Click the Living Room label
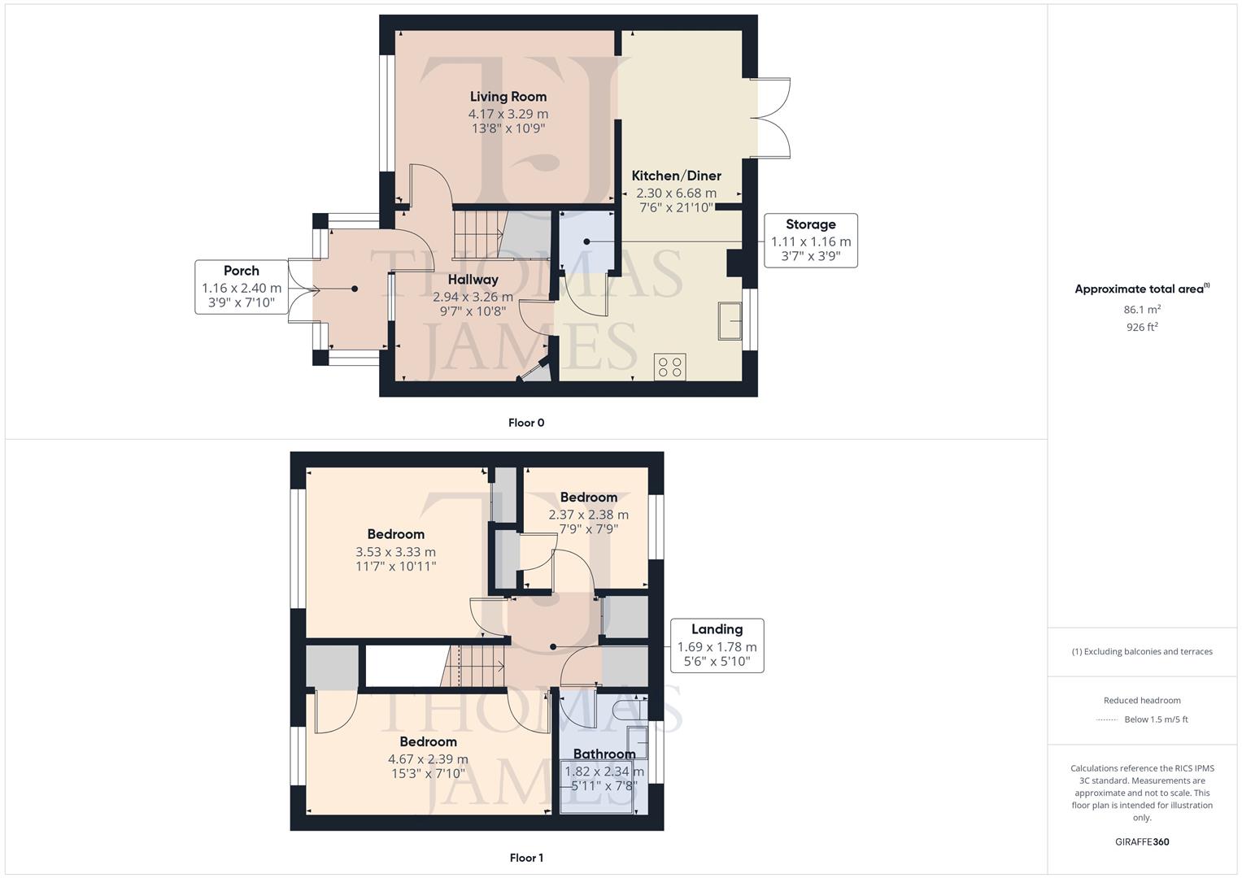pyautogui.click(x=508, y=97)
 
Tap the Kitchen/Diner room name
pyautogui.click(x=676, y=176)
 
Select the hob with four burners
pyautogui.click(x=670, y=367)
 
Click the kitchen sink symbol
pyautogui.click(x=730, y=320)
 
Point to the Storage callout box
pyautogui.click(x=810, y=241)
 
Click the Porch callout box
pyautogui.click(x=242, y=287)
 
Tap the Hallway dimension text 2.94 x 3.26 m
pyautogui.click(x=473, y=297)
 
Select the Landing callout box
pyautogui.click(x=717, y=645)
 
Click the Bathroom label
pyautogui.click(x=604, y=754)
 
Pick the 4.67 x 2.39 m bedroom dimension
pyautogui.click(x=428, y=759)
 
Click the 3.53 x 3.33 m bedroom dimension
pyautogui.click(x=395, y=552)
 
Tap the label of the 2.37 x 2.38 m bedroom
pyautogui.click(x=588, y=498)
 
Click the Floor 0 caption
pyautogui.click(x=526, y=423)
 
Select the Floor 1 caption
pyautogui.click(x=526, y=858)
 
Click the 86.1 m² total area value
pyautogui.click(x=1142, y=310)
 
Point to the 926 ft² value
pyautogui.click(x=1142, y=327)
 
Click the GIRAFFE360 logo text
pyautogui.click(x=1142, y=841)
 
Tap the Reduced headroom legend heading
pyautogui.click(x=1142, y=700)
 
